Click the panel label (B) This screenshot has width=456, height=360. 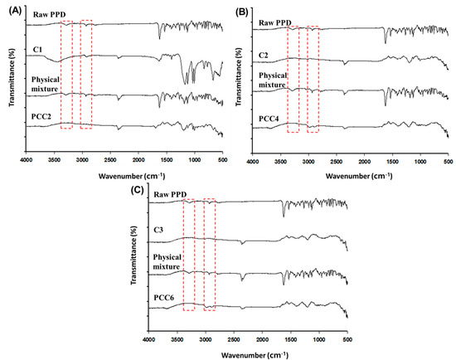[x=241, y=12]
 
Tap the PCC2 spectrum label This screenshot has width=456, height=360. [x=42, y=118]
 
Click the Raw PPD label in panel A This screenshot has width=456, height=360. [x=46, y=15]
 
